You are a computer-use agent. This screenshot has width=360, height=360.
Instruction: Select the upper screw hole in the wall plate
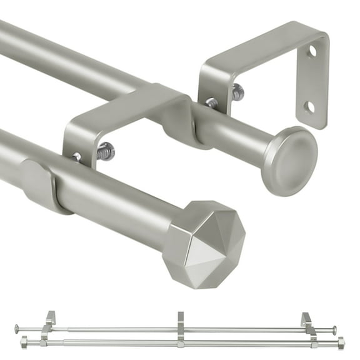click(x=311, y=69)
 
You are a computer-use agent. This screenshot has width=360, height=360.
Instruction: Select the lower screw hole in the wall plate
click(x=310, y=107)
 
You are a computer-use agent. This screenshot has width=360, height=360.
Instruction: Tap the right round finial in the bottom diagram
click(x=334, y=330)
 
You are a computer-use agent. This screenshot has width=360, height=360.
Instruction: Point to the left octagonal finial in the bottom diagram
click(x=24, y=342)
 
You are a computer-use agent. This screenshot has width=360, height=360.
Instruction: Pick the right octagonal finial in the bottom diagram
click(x=341, y=342)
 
